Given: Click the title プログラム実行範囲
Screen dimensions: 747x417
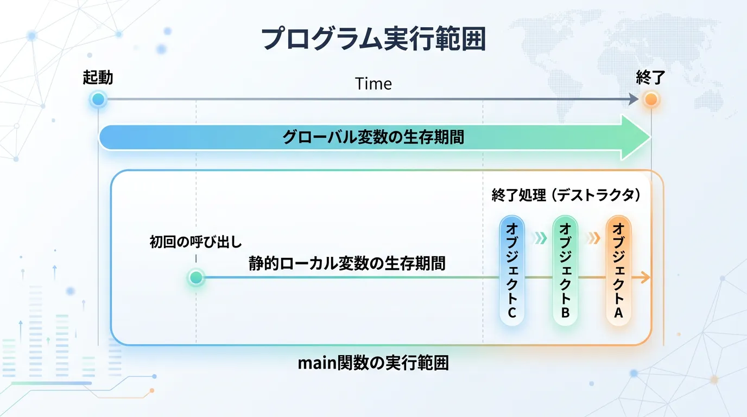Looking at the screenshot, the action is (x=373, y=39).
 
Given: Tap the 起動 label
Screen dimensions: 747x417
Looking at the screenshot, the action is (x=98, y=78).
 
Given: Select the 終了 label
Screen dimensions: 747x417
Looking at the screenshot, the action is (x=650, y=78).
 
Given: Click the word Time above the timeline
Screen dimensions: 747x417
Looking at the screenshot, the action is (x=373, y=84).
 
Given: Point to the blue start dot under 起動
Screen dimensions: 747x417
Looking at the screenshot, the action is (x=98, y=99).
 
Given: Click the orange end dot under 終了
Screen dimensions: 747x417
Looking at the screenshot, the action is (x=651, y=99).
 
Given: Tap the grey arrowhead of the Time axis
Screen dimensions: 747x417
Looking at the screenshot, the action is (x=634, y=99).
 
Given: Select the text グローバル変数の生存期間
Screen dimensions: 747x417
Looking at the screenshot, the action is (x=373, y=137).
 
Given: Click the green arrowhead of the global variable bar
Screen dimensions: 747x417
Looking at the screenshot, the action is (x=635, y=137).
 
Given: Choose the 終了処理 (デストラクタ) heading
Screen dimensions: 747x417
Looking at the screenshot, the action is (x=566, y=195).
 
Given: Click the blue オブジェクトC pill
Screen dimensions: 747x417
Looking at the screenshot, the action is (x=512, y=270).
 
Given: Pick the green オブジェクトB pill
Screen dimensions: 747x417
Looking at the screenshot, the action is (x=565, y=270).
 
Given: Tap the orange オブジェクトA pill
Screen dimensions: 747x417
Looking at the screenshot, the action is (x=619, y=270).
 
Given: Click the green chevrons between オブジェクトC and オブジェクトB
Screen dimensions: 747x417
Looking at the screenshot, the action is (x=540, y=238).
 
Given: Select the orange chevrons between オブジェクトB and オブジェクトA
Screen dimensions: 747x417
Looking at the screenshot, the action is (x=593, y=238).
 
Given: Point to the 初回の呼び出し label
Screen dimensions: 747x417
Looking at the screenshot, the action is (x=196, y=242).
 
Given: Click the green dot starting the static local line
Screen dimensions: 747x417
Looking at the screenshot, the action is (x=196, y=277).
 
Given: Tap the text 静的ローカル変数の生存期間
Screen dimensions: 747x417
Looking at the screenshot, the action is (x=347, y=263).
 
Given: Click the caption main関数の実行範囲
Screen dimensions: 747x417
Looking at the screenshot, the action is (x=373, y=363).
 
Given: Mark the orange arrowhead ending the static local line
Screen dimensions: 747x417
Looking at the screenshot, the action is (x=645, y=277).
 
